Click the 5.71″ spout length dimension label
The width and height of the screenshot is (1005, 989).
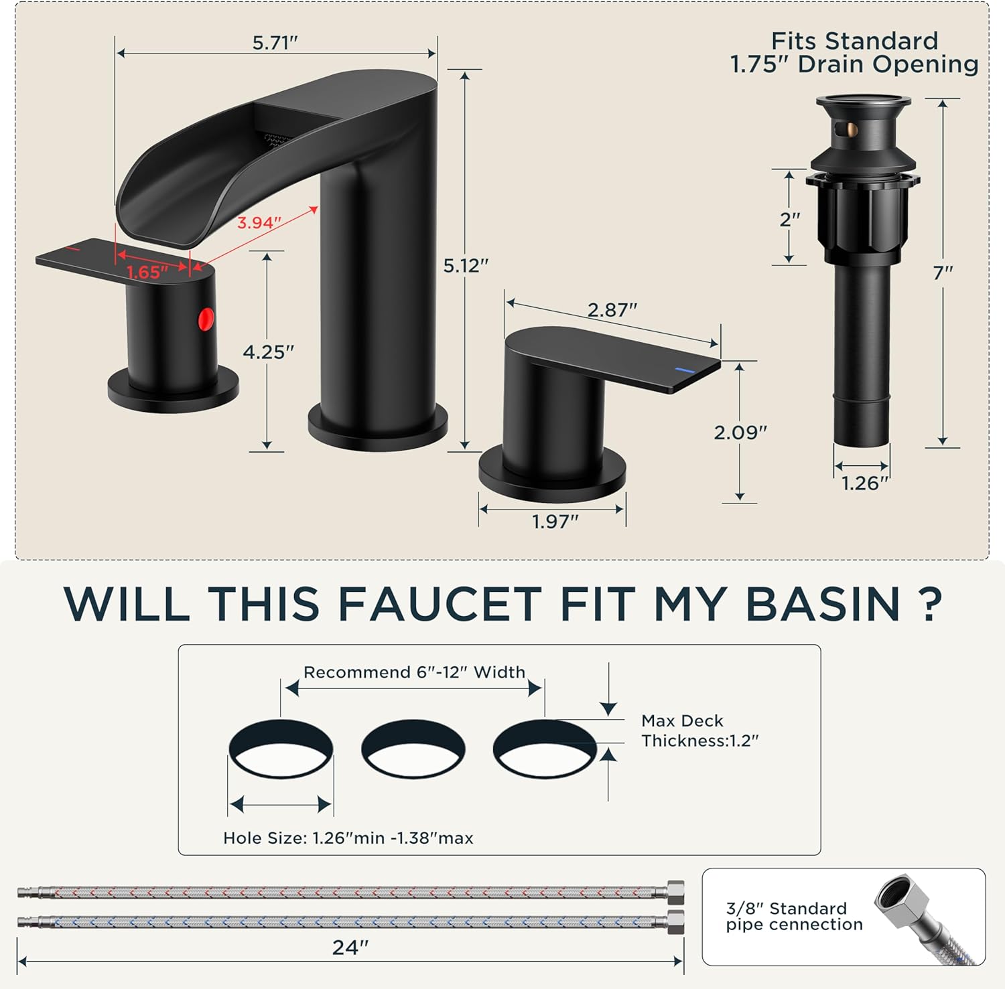point(275,43)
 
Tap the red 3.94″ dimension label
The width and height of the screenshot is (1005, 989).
point(259,222)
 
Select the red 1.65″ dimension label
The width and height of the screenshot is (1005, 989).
point(147,272)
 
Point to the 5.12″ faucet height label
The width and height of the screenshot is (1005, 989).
point(466,266)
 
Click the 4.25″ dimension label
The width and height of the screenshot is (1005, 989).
point(268,352)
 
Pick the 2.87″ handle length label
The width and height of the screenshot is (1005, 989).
point(612,310)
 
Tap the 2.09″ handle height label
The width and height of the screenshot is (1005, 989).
point(740,433)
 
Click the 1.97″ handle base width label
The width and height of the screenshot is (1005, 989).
point(555,521)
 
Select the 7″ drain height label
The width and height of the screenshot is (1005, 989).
point(943,273)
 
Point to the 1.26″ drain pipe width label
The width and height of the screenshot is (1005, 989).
point(864,483)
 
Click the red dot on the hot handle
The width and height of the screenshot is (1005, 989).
point(206,319)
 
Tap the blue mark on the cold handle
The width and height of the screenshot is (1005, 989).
point(685,370)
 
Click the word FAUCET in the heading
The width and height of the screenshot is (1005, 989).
point(440,604)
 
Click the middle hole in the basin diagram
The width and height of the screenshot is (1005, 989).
point(413,749)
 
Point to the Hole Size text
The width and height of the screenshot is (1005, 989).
point(348,838)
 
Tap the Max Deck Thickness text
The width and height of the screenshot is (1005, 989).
point(699,731)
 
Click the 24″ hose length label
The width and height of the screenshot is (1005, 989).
point(350,947)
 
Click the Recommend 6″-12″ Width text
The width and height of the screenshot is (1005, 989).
point(414,672)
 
